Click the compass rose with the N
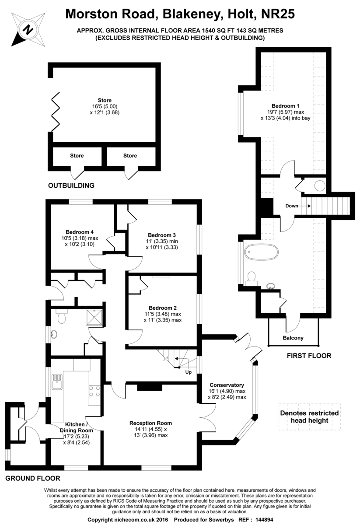pos(28,30)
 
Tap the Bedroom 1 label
pos(286,105)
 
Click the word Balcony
pos(293,338)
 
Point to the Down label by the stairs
pos(292,206)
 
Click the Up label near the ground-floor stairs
pos(189,372)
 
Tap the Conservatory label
pos(227,385)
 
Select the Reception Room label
pos(150,423)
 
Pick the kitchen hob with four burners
pos(94,390)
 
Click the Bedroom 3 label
pos(162,234)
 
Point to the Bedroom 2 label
pos(162,307)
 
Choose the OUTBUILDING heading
pos(71,185)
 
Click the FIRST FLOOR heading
pos(309,356)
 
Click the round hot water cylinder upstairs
pos(320,186)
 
